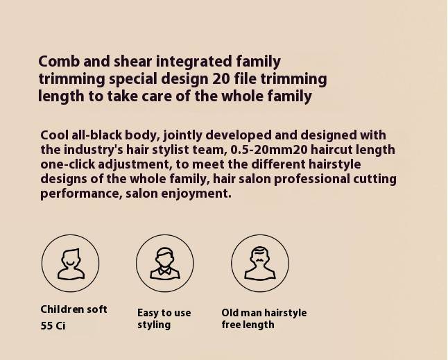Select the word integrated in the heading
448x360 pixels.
193,62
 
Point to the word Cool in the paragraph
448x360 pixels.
54,135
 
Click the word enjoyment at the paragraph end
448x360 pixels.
196,194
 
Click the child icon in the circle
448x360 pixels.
71,264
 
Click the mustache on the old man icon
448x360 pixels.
259,260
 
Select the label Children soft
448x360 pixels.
74,309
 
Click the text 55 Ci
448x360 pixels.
53,326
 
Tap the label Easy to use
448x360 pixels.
164,313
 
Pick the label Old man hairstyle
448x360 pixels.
264,313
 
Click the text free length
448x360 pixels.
248,325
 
